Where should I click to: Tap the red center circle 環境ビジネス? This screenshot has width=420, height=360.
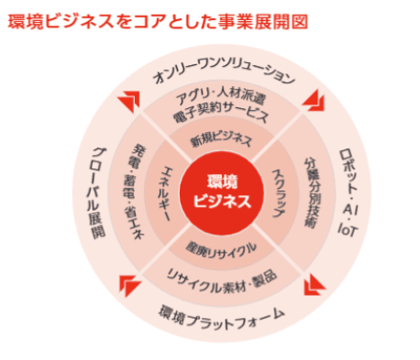[x=219, y=191]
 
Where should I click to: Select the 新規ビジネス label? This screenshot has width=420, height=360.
[x=219, y=141]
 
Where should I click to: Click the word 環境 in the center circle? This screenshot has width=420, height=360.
[x=220, y=179]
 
